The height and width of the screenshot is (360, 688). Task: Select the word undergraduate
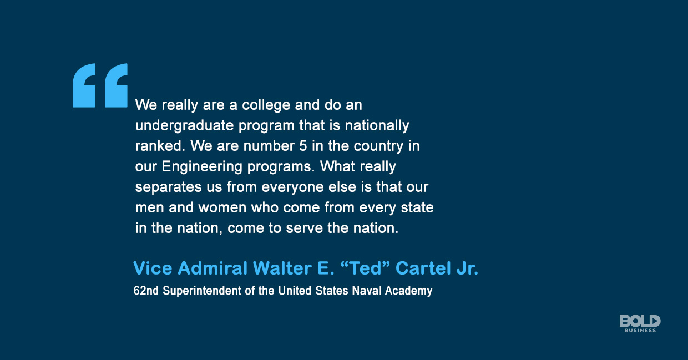184,126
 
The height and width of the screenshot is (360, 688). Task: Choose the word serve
305,229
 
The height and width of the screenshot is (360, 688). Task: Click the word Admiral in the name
213,269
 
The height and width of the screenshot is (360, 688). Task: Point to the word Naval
367,291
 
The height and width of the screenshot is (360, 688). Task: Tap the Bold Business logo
640,323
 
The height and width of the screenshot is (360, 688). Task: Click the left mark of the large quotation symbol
84,85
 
